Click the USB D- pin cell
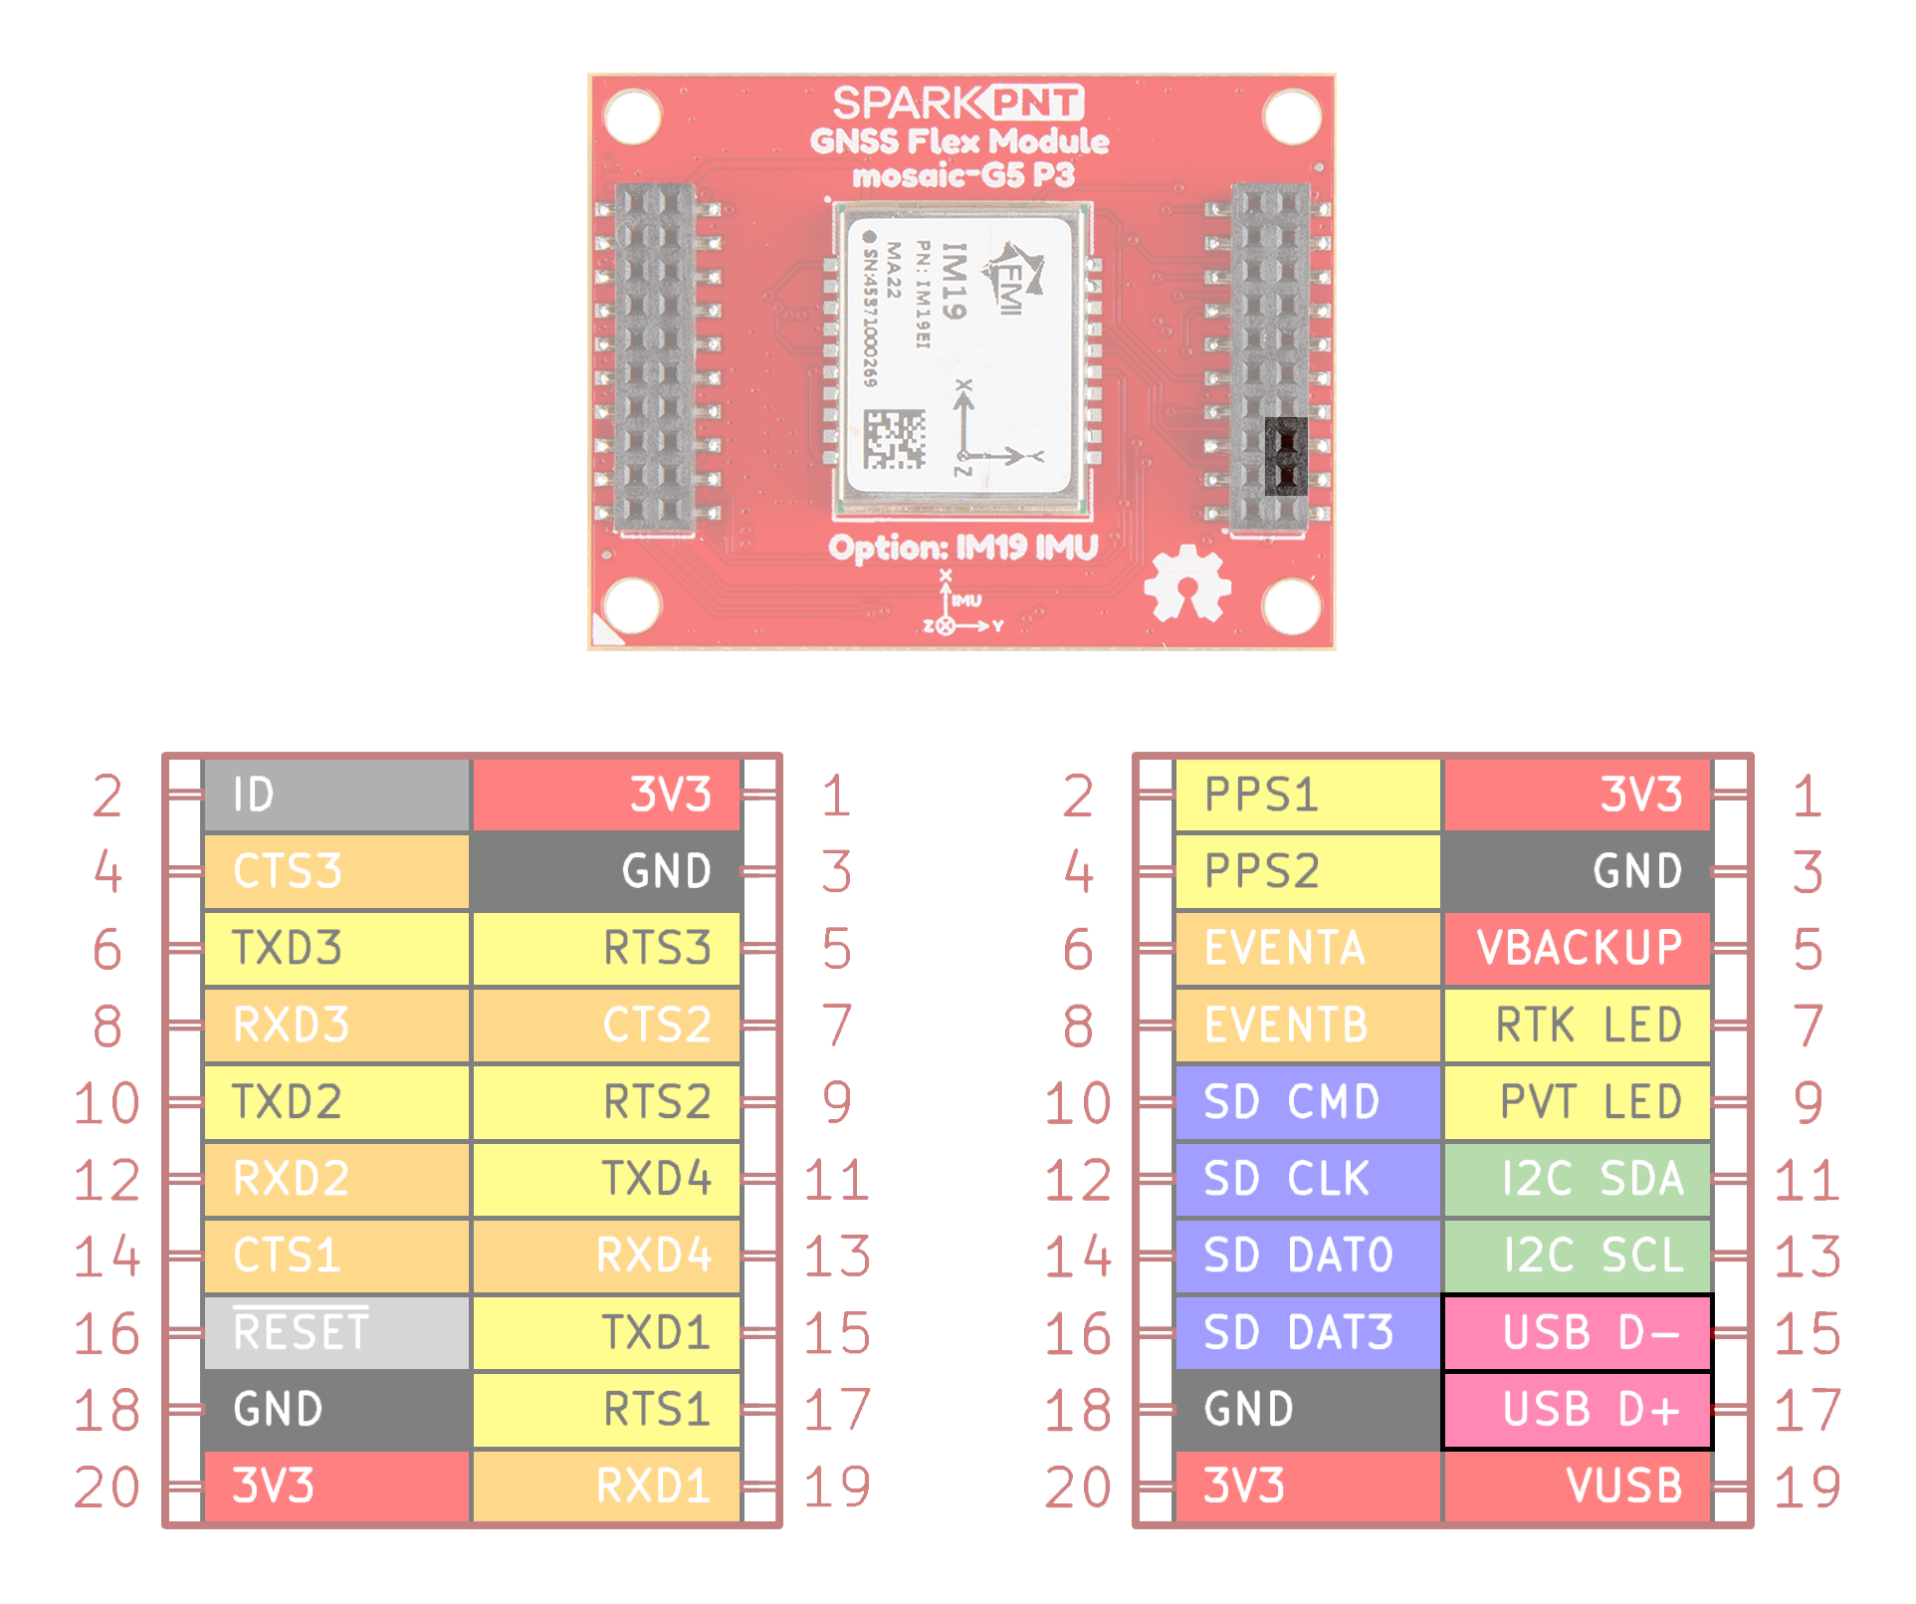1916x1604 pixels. click(1576, 1332)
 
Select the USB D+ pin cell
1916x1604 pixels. click(1576, 1409)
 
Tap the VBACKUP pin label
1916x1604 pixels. click(1578, 948)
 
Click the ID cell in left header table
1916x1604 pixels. click(336, 795)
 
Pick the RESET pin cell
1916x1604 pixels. click(336, 1332)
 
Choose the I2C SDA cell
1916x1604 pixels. click(1578, 1179)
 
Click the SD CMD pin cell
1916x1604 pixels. click(1307, 1102)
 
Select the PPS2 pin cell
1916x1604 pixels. click(1307, 871)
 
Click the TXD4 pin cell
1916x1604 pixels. click(606, 1179)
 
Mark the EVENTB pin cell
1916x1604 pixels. click(1307, 1025)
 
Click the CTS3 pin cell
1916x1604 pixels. click(336, 871)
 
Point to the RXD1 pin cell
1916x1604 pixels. click(606, 1486)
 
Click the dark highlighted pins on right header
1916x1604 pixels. click(1285, 456)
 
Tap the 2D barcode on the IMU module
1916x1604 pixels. click(894, 439)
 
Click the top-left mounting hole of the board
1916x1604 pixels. click(632, 116)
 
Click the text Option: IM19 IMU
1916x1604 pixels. click(962, 548)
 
